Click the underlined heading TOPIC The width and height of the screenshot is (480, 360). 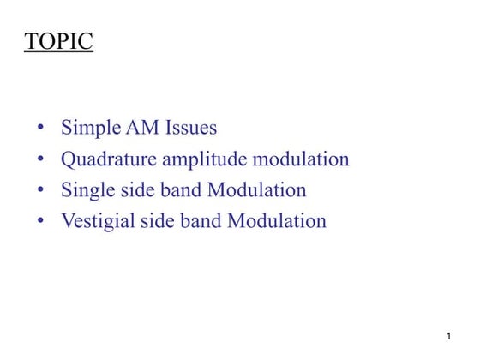(58, 42)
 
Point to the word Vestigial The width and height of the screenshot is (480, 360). (97, 221)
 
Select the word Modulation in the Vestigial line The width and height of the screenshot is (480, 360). (277, 221)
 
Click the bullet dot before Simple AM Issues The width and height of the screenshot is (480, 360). (41, 129)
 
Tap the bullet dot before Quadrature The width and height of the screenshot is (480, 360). (41, 160)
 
